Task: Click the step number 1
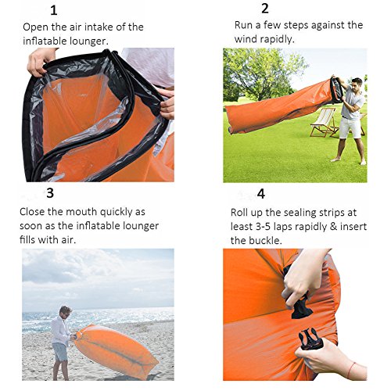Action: pos(54,10)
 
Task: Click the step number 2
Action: pos(265,9)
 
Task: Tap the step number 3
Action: pos(50,193)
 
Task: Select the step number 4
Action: pos(261,194)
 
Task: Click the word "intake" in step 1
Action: pos(99,27)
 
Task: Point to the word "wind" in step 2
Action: pos(246,39)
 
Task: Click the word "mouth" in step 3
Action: pos(81,212)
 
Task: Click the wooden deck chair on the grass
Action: pos(325,123)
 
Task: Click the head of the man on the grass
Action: pos(357,84)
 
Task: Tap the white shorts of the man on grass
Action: pos(350,127)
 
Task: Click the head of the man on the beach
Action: pos(65,311)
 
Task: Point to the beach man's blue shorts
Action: pos(60,352)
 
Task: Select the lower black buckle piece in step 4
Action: pos(310,339)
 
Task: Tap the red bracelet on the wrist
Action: pos(350,370)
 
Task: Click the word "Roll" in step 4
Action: pos(239,213)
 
